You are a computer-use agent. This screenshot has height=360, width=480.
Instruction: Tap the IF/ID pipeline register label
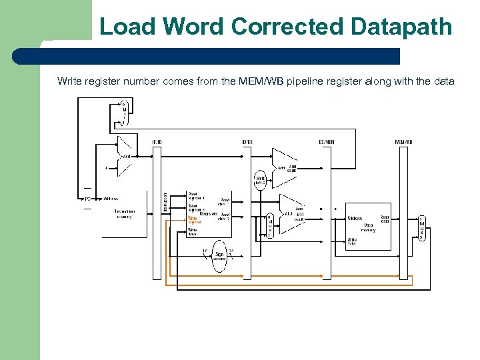157,141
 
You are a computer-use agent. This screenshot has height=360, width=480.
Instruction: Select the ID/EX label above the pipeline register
247,141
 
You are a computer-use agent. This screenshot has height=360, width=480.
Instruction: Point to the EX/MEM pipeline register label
327,141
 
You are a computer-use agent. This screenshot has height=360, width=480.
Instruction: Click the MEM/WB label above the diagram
403,141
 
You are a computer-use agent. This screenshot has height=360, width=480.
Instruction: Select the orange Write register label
193,220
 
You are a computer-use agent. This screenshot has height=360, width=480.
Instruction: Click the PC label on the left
87,199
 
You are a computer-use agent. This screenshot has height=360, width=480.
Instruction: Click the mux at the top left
123,113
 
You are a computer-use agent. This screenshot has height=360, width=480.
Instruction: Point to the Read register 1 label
197,196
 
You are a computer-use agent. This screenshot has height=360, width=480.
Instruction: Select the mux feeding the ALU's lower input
269,227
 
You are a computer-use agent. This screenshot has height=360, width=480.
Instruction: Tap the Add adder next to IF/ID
126,156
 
